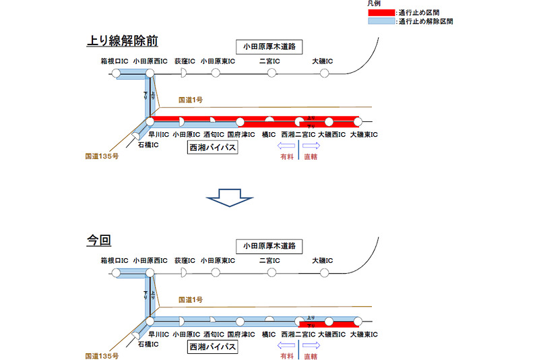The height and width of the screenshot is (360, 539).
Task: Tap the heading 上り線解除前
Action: tap(122, 40)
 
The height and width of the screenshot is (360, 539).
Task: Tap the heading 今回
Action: tap(98, 240)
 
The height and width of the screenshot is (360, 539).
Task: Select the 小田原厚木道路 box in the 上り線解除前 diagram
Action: tap(269, 47)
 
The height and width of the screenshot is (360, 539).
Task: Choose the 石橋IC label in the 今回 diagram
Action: tap(148, 344)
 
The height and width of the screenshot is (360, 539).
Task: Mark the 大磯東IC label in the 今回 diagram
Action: tap(364, 334)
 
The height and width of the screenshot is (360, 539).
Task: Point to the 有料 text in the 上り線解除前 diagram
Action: tap(286, 156)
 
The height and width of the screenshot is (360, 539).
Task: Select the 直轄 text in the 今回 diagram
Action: tap(311, 355)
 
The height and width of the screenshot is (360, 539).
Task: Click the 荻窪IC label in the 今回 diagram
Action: tap(185, 260)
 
